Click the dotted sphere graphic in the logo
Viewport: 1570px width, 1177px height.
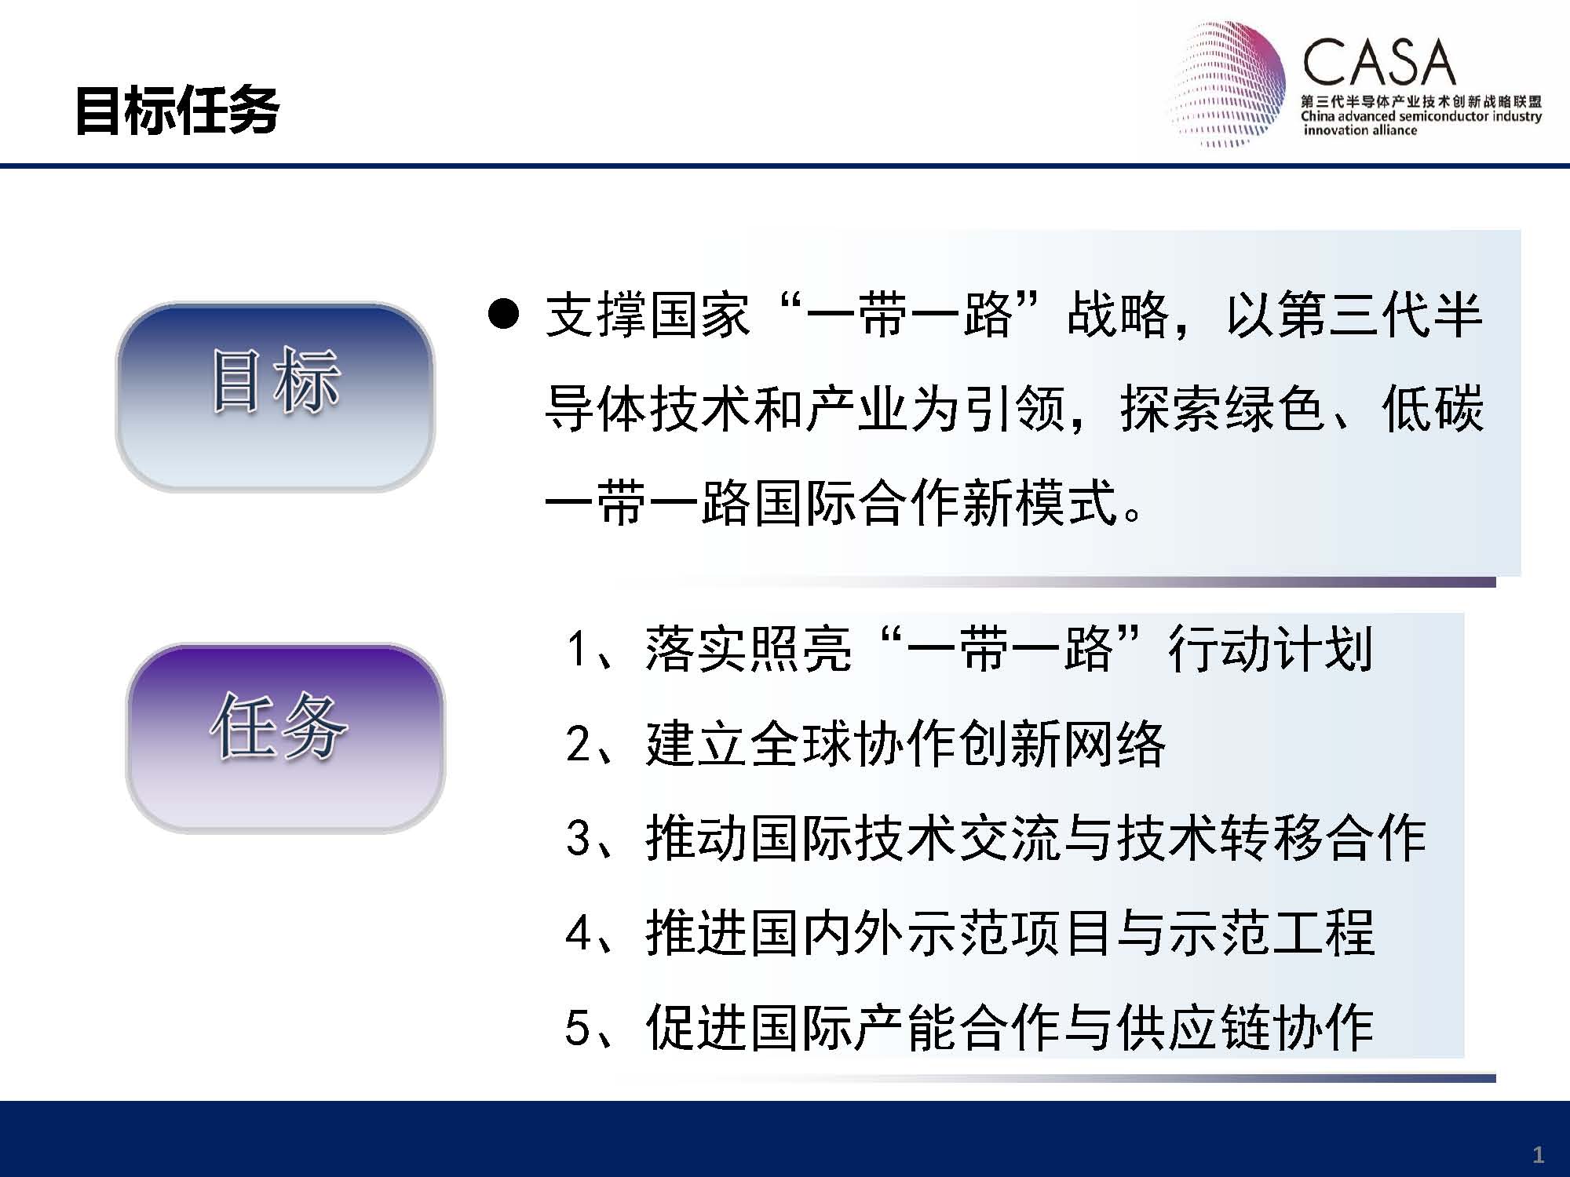click(x=1227, y=83)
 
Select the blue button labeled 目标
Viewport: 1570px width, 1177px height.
click(x=275, y=397)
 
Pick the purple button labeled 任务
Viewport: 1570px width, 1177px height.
click(x=285, y=738)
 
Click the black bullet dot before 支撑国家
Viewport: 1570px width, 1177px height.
click(x=503, y=315)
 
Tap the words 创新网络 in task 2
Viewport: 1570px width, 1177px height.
click(x=1061, y=743)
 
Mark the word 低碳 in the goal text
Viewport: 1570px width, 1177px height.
click(x=1433, y=408)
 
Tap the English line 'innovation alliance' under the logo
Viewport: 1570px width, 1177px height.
click(x=1360, y=130)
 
